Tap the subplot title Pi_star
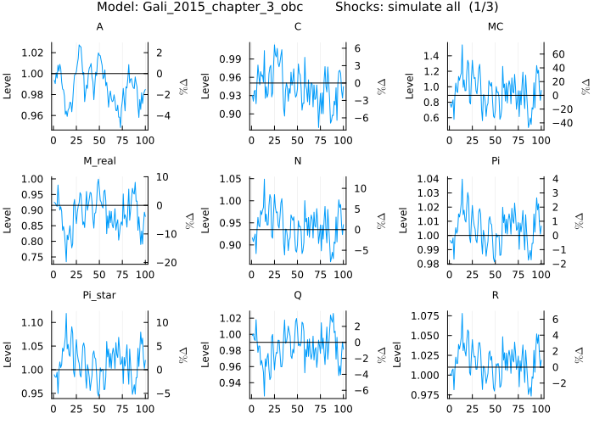(100, 295)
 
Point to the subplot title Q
(297, 295)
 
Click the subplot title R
(496, 295)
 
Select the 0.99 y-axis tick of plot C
(230, 59)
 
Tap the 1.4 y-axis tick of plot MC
(431, 56)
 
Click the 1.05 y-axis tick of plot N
(230, 179)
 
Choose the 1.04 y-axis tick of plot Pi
(429, 179)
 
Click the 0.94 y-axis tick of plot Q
(230, 382)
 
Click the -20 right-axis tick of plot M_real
(162, 262)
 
